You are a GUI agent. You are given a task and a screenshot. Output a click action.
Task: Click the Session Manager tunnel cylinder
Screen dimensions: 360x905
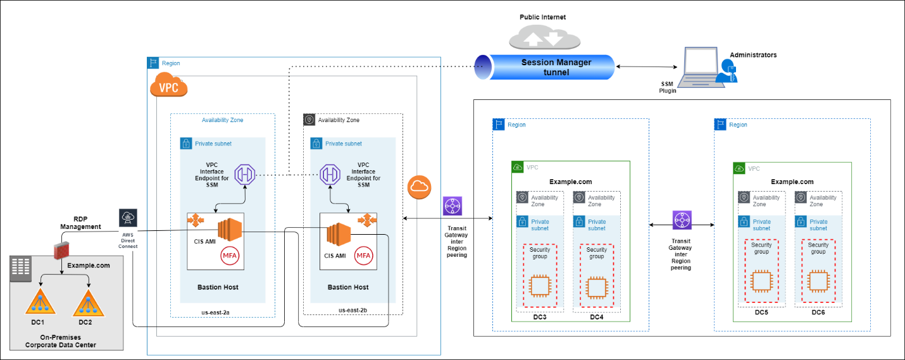pyautogui.click(x=544, y=67)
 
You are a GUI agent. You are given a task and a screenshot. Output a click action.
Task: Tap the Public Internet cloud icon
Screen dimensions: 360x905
pyautogui.click(x=544, y=37)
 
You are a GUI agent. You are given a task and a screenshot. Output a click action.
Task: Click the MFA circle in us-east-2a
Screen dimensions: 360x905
pyautogui.click(x=230, y=256)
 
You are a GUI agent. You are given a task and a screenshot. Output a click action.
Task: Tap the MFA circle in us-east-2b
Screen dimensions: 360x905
pyautogui.click(x=363, y=256)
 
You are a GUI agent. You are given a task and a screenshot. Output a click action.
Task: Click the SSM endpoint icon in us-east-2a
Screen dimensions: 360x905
pyautogui.click(x=244, y=173)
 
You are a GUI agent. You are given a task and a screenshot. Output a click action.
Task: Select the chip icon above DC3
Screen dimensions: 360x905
pyautogui.click(x=540, y=286)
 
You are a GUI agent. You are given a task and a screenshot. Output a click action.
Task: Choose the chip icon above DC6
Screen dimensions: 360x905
pyautogui.click(x=818, y=280)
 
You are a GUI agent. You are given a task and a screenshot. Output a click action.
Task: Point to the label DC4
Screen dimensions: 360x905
pyautogui.click(x=596, y=317)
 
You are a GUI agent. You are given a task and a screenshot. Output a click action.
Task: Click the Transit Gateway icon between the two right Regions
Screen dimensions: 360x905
pyautogui.click(x=682, y=220)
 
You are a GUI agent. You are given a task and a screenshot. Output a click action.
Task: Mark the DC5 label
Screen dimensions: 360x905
pyautogui.click(x=762, y=312)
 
